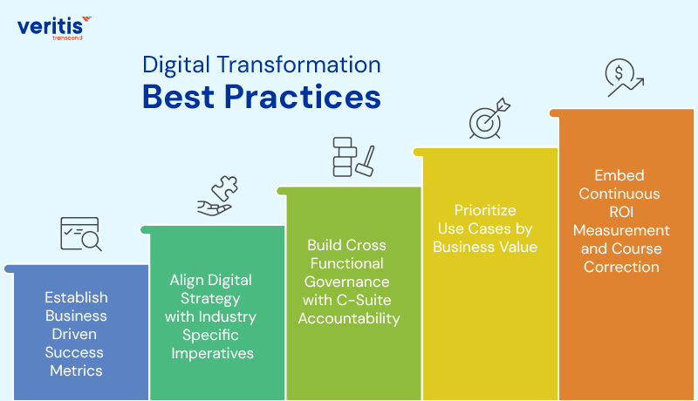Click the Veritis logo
[53, 26]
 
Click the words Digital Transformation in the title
[261, 65]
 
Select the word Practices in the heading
[299, 96]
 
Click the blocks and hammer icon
[352, 157]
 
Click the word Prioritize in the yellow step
[485, 211]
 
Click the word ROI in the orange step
[620, 212]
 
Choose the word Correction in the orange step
[620, 267]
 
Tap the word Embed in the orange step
[620, 175]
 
